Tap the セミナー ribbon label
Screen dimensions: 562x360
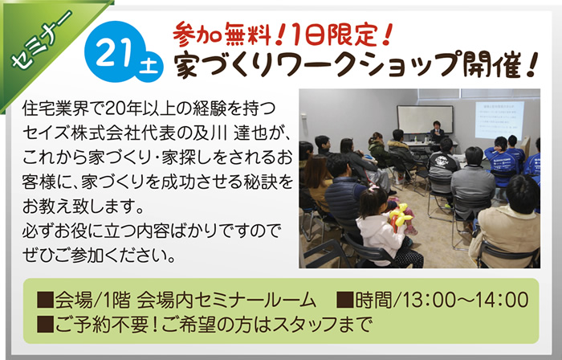point(40,40)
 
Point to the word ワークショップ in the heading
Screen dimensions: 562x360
point(368,65)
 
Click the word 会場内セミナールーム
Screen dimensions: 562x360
point(226,300)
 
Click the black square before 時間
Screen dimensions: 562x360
point(344,300)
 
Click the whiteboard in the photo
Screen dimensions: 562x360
point(425,119)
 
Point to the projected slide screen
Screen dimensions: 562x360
point(499,120)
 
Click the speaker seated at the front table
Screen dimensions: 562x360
point(437,131)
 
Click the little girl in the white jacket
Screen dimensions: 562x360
point(380,230)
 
